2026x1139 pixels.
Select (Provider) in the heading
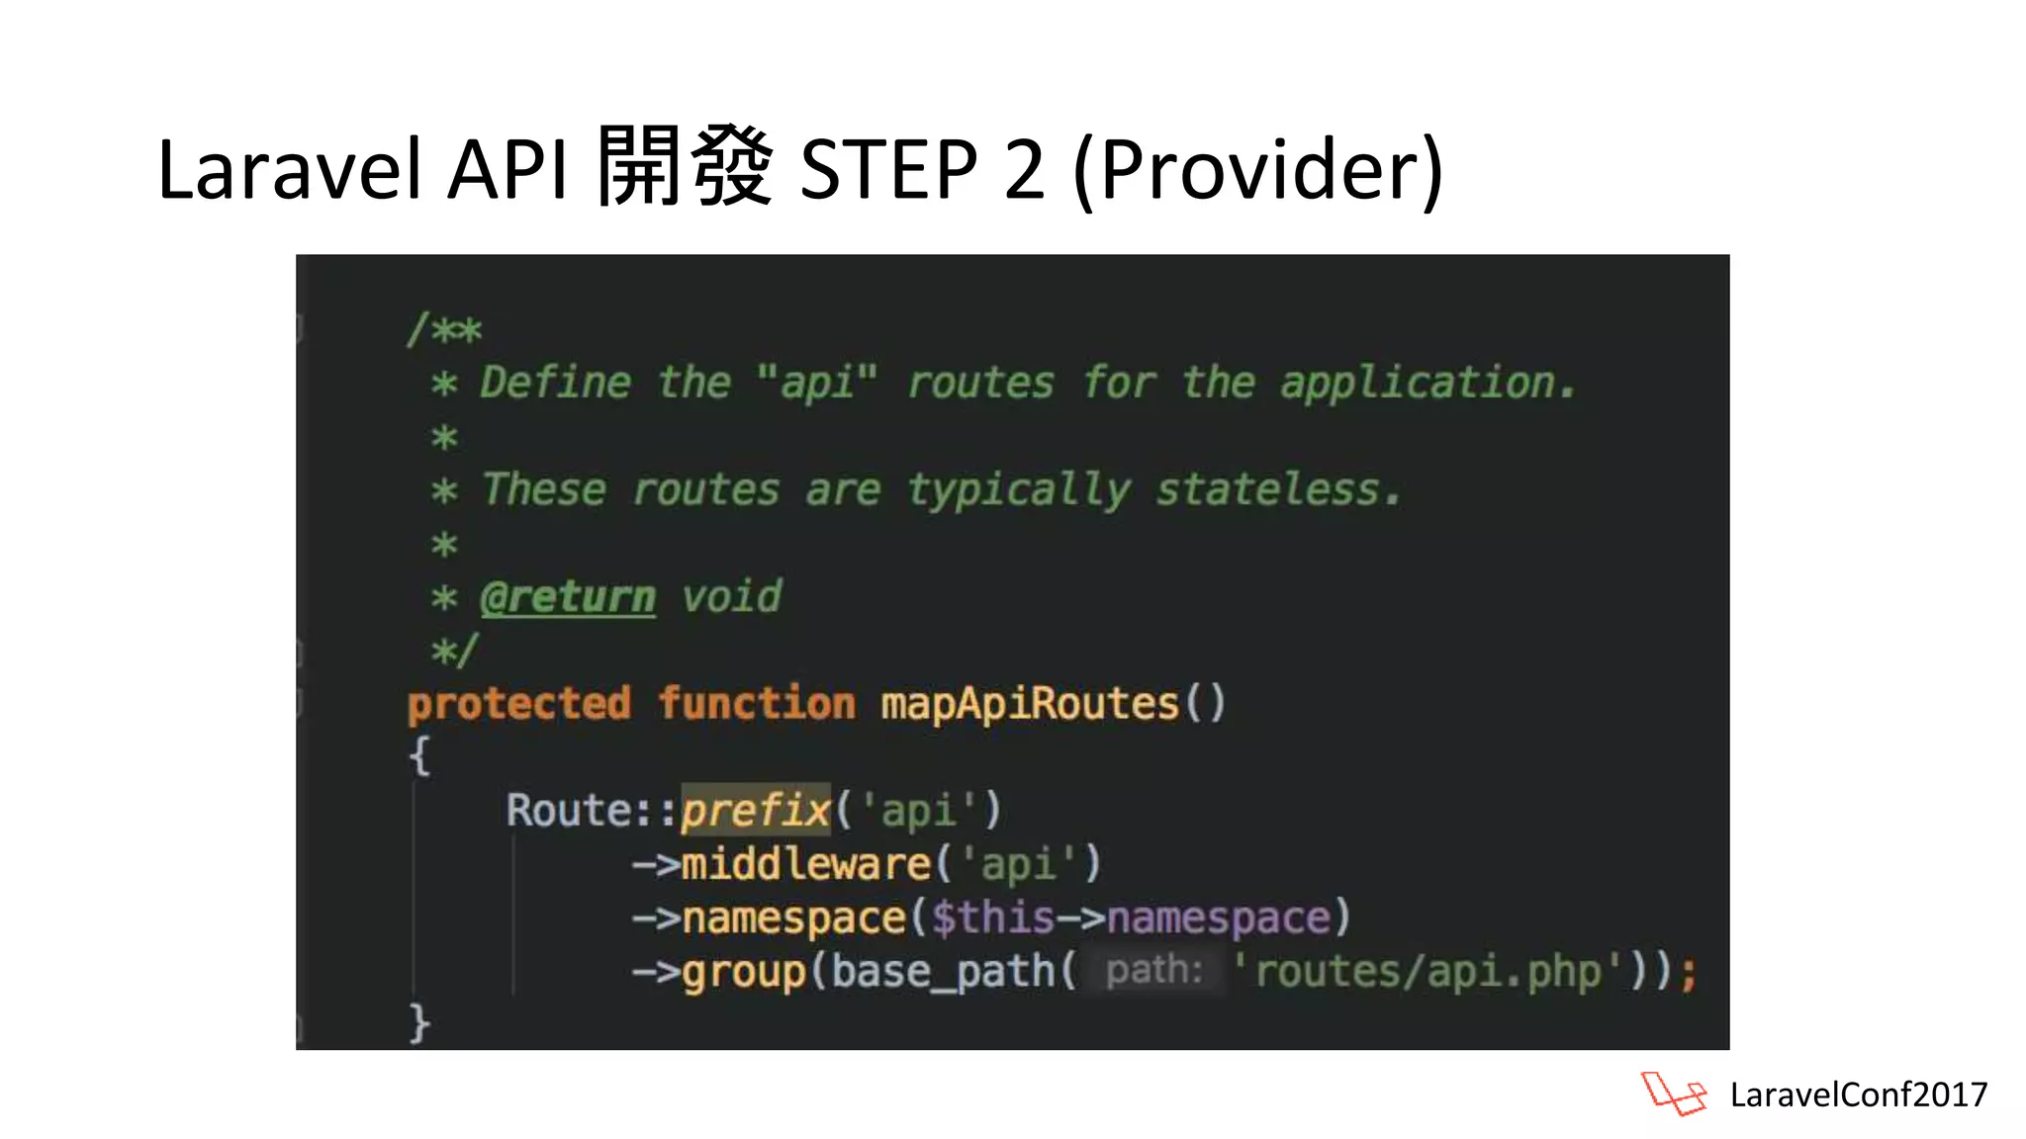click(x=1258, y=169)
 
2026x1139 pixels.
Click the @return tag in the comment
click(x=567, y=597)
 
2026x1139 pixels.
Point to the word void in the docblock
click(x=731, y=597)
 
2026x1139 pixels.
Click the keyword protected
click(x=518, y=704)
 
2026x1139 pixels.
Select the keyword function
click(x=757, y=704)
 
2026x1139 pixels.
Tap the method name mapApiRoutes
click(x=1029, y=704)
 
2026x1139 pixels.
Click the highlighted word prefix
click(x=755, y=811)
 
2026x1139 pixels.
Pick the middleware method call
click(x=805, y=864)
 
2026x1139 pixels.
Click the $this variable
click(x=992, y=918)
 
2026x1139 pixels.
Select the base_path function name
click(x=943, y=971)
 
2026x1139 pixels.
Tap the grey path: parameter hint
click(x=1153, y=971)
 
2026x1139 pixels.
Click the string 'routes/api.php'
click(x=1427, y=971)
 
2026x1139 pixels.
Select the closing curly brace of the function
click(x=419, y=1022)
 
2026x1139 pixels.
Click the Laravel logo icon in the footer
click(x=1674, y=1094)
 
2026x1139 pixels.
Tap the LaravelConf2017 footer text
click(x=1858, y=1095)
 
